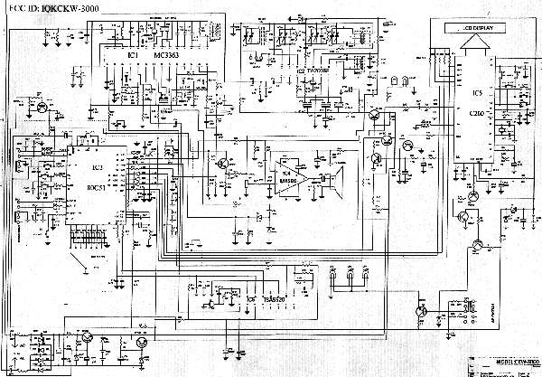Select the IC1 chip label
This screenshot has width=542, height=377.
click(133, 56)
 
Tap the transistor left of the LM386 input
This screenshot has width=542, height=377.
click(220, 164)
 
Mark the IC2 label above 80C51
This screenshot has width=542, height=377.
click(95, 168)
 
